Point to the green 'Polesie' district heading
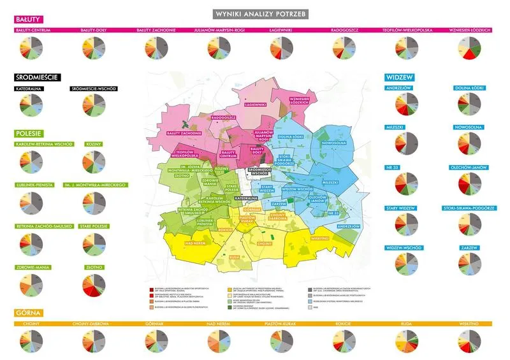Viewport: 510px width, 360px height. click(29, 134)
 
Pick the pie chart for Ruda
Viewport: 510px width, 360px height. click(407, 342)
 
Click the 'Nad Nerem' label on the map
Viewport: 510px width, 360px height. click(196, 243)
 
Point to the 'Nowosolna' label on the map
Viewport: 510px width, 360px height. click(335, 143)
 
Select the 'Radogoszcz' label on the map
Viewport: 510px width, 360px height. click(224, 117)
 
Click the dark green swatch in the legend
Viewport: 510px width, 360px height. click(229, 306)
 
